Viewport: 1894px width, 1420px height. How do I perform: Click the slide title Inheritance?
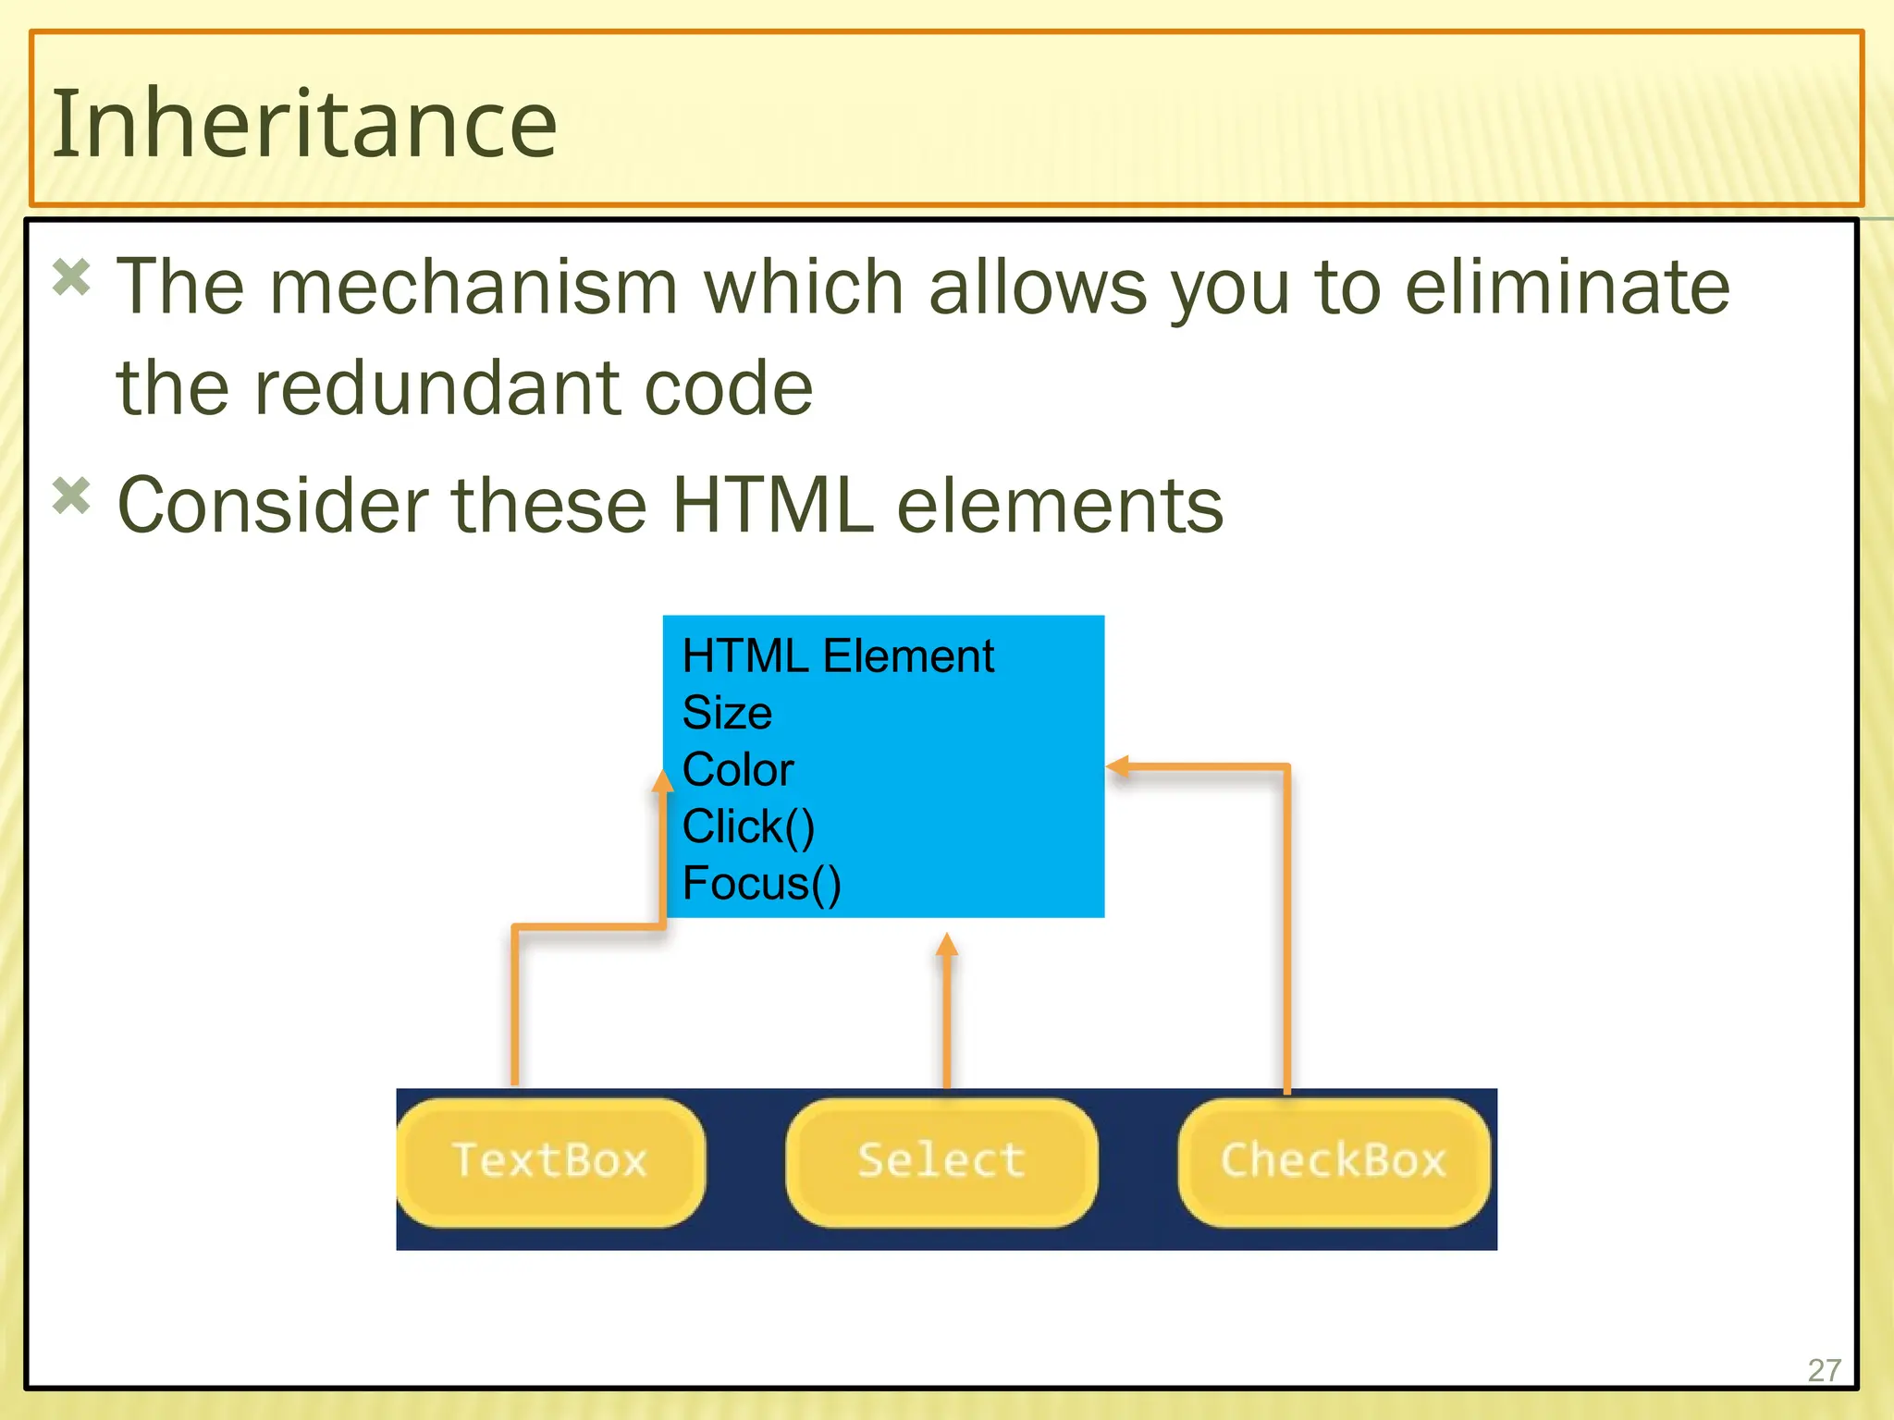(x=304, y=123)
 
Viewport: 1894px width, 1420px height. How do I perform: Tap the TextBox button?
(x=549, y=1161)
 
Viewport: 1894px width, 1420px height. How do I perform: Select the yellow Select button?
(x=941, y=1161)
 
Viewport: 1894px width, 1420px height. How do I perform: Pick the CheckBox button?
(x=1333, y=1161)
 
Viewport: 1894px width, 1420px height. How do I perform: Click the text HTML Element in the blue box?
(x=837, y=656)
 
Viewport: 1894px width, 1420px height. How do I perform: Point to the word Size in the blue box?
(x=727, y=713)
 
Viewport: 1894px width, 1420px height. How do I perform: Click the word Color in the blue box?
(x=738, y=770)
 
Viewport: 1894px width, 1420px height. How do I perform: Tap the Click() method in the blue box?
(x=748, y=826)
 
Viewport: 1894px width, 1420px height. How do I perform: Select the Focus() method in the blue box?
(x=761, y=884)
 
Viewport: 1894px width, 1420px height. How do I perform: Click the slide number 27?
(x=1824, y=1370)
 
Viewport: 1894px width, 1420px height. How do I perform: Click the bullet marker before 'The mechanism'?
(x=71, y=277)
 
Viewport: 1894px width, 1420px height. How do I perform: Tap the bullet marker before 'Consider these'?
(x=71, y=496)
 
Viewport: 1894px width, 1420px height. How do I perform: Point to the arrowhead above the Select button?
(x=946, y=945)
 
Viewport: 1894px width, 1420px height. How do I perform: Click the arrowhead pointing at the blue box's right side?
(x=1118, y=766)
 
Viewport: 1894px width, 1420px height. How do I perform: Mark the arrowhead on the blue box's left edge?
(x=662, y=781)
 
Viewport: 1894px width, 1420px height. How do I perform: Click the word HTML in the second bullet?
(x=772, y=506)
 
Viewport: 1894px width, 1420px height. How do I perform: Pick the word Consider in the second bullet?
(x=272, y=506)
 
